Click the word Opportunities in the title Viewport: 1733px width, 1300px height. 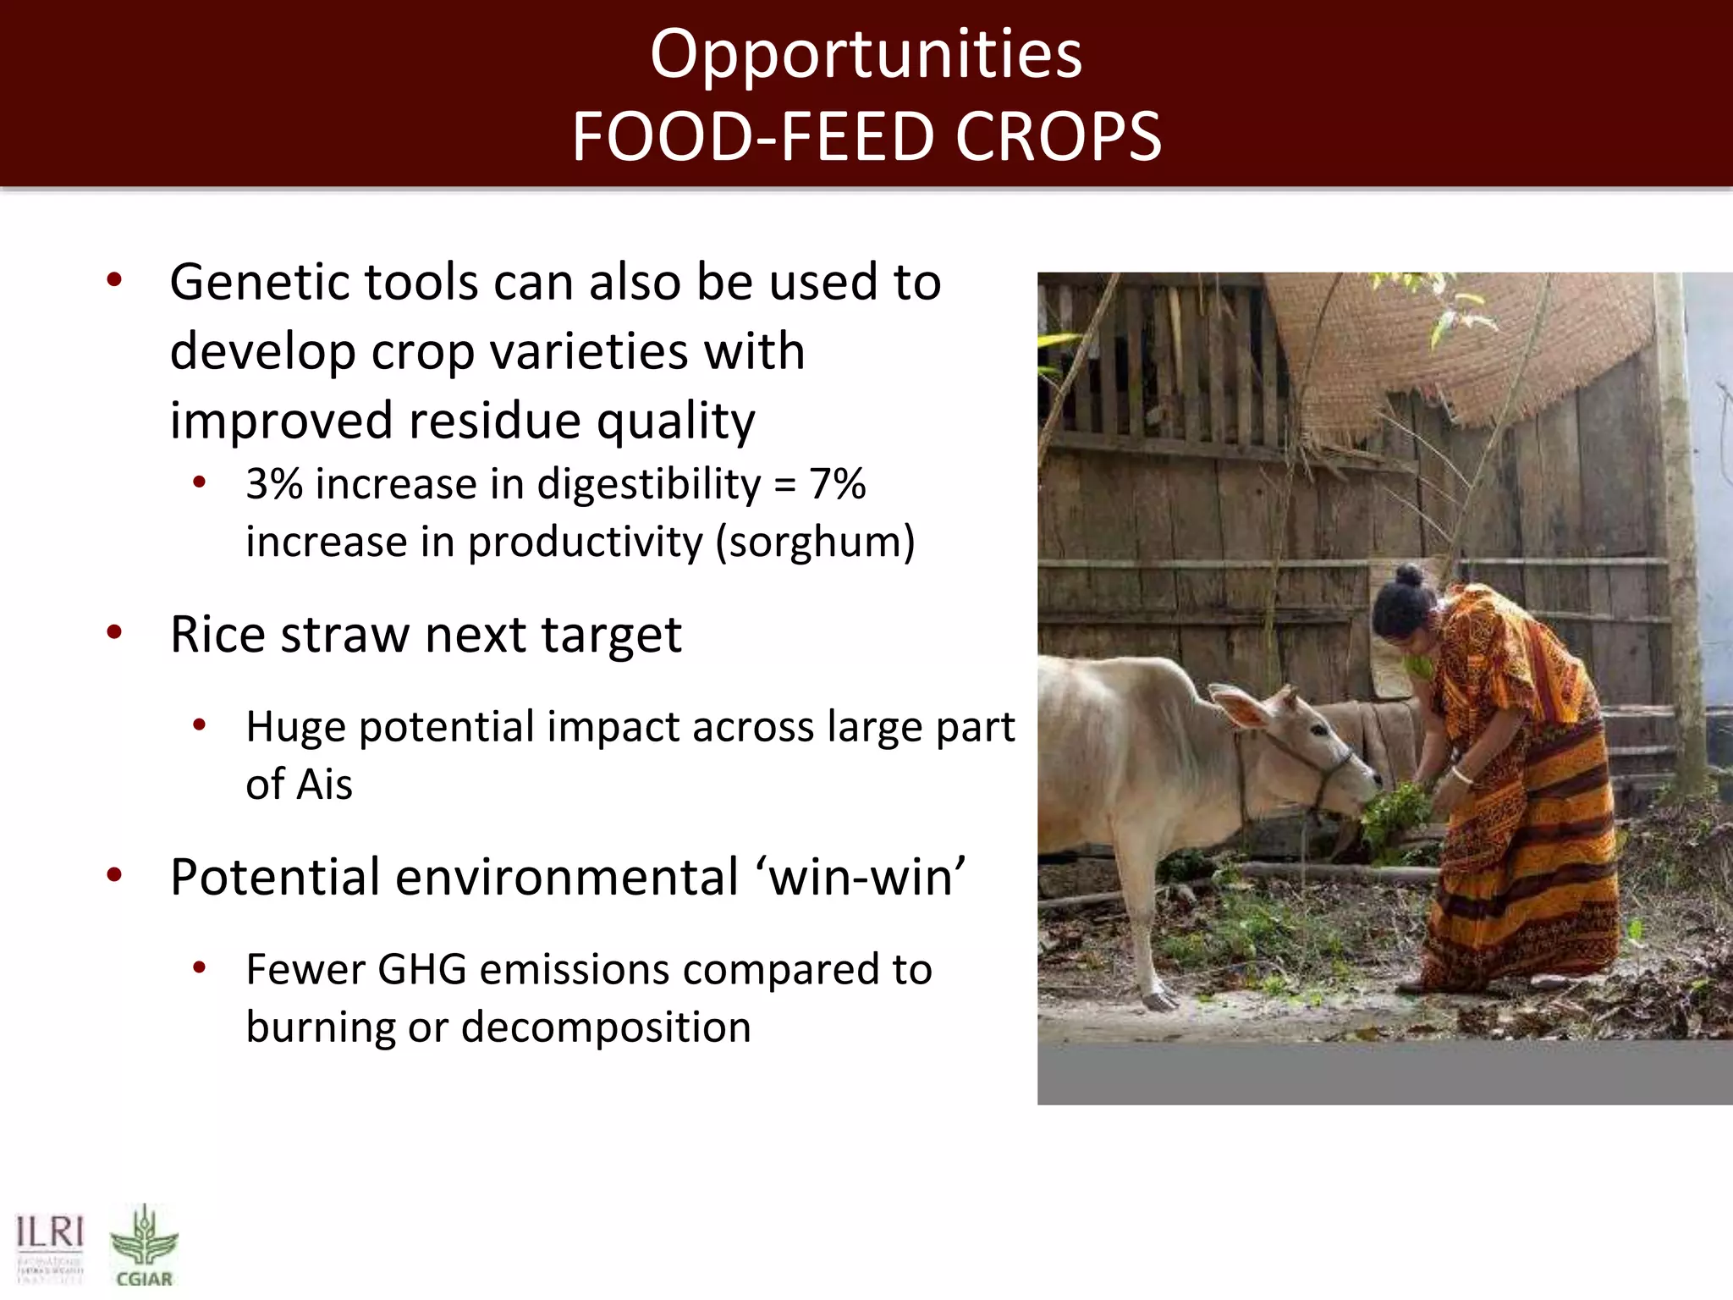[x=866, y=55]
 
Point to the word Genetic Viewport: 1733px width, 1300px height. [x=259, y=283]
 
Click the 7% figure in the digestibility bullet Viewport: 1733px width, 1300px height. [x=837, y=485]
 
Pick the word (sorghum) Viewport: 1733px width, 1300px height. [x=815, y=543]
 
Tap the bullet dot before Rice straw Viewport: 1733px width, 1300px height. [x=115, y=632]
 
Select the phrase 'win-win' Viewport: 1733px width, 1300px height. [x=865, y=877]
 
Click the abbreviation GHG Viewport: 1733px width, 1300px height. [x=421, y=970]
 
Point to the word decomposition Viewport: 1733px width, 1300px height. [x=606, y=1027]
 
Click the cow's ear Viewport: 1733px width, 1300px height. [x=1239, y=707]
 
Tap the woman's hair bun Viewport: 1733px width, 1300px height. [x=1408, y=576]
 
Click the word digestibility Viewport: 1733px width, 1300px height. [x=649, y=485]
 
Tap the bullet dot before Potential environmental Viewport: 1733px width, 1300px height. [x=115, y=875]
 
